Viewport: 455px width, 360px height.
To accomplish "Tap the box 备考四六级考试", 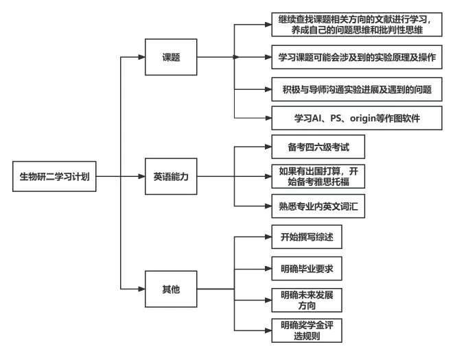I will [x=312, y=147].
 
